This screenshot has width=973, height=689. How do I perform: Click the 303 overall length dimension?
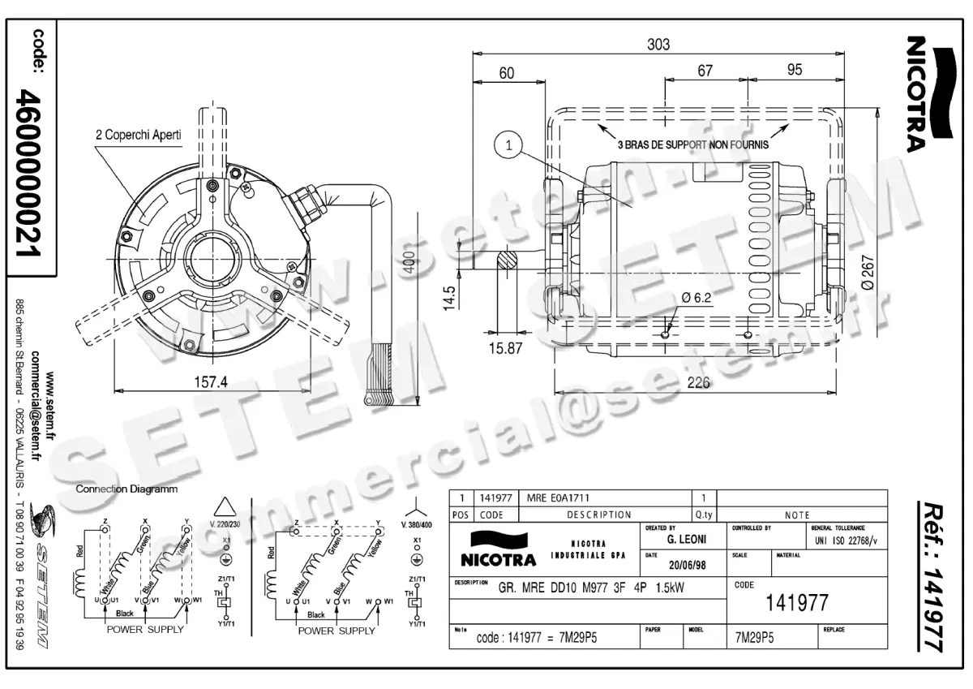tap(658, 45)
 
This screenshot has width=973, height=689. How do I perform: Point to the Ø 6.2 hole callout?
tap(696, 298)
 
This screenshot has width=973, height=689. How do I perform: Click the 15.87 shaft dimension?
tap(504, 348)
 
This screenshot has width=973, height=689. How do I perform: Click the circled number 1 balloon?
tap(508, 146)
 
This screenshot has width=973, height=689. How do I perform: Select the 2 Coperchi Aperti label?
tap(138, 135)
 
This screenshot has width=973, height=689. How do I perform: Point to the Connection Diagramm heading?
tap(126, 489)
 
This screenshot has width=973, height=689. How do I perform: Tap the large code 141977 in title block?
tap(797, 602)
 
